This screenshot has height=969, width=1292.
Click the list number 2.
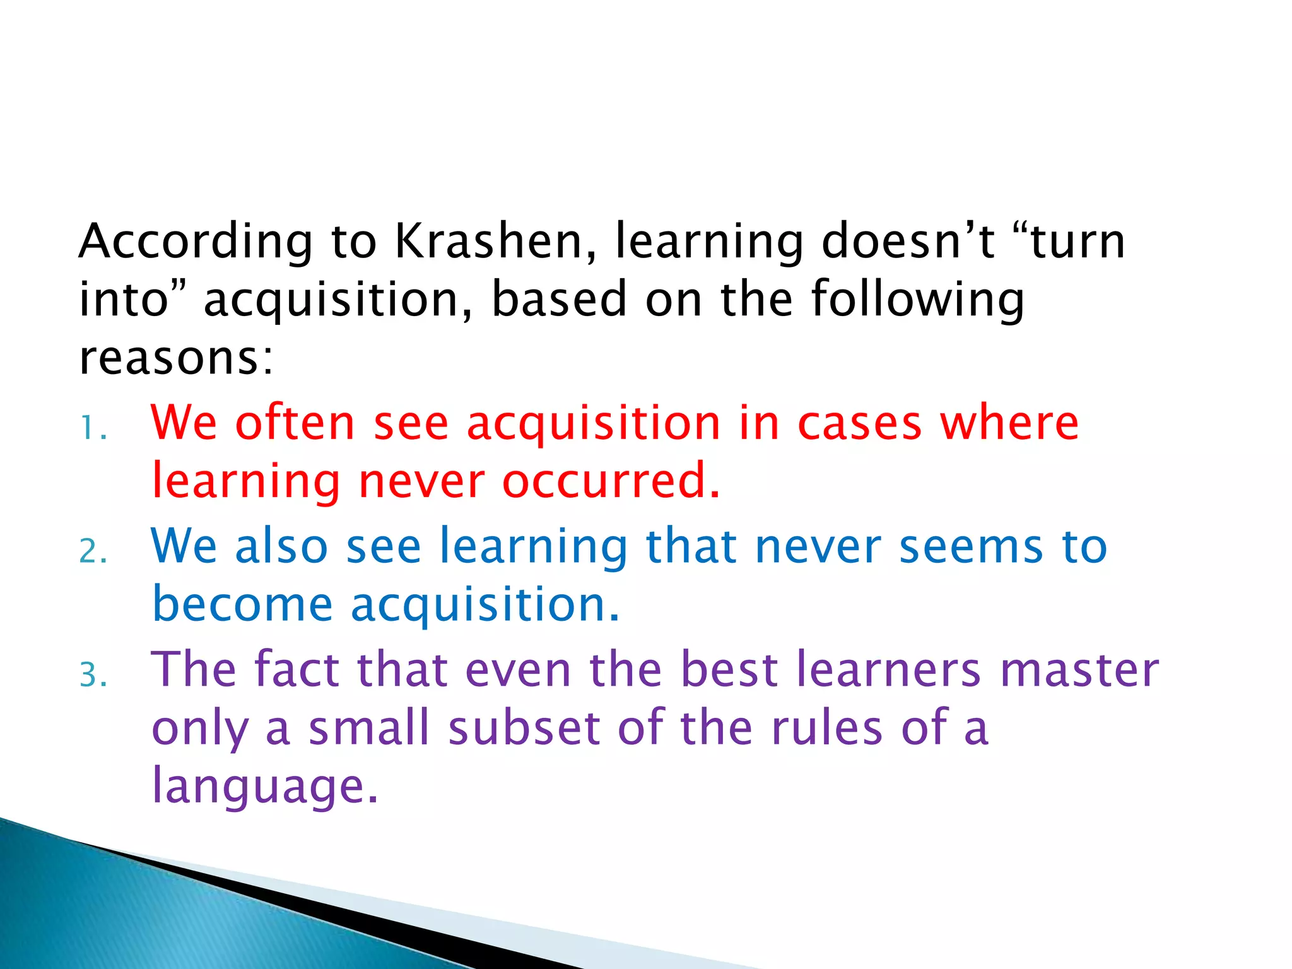tap(93, 552)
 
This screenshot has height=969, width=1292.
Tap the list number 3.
tap(93, 675)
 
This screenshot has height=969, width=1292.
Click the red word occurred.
tap(611, 481)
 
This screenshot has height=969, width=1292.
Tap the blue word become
tap(242, 604)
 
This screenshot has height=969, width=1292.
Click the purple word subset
tap(524, 727)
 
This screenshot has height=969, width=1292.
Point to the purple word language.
tap(265, 785)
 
